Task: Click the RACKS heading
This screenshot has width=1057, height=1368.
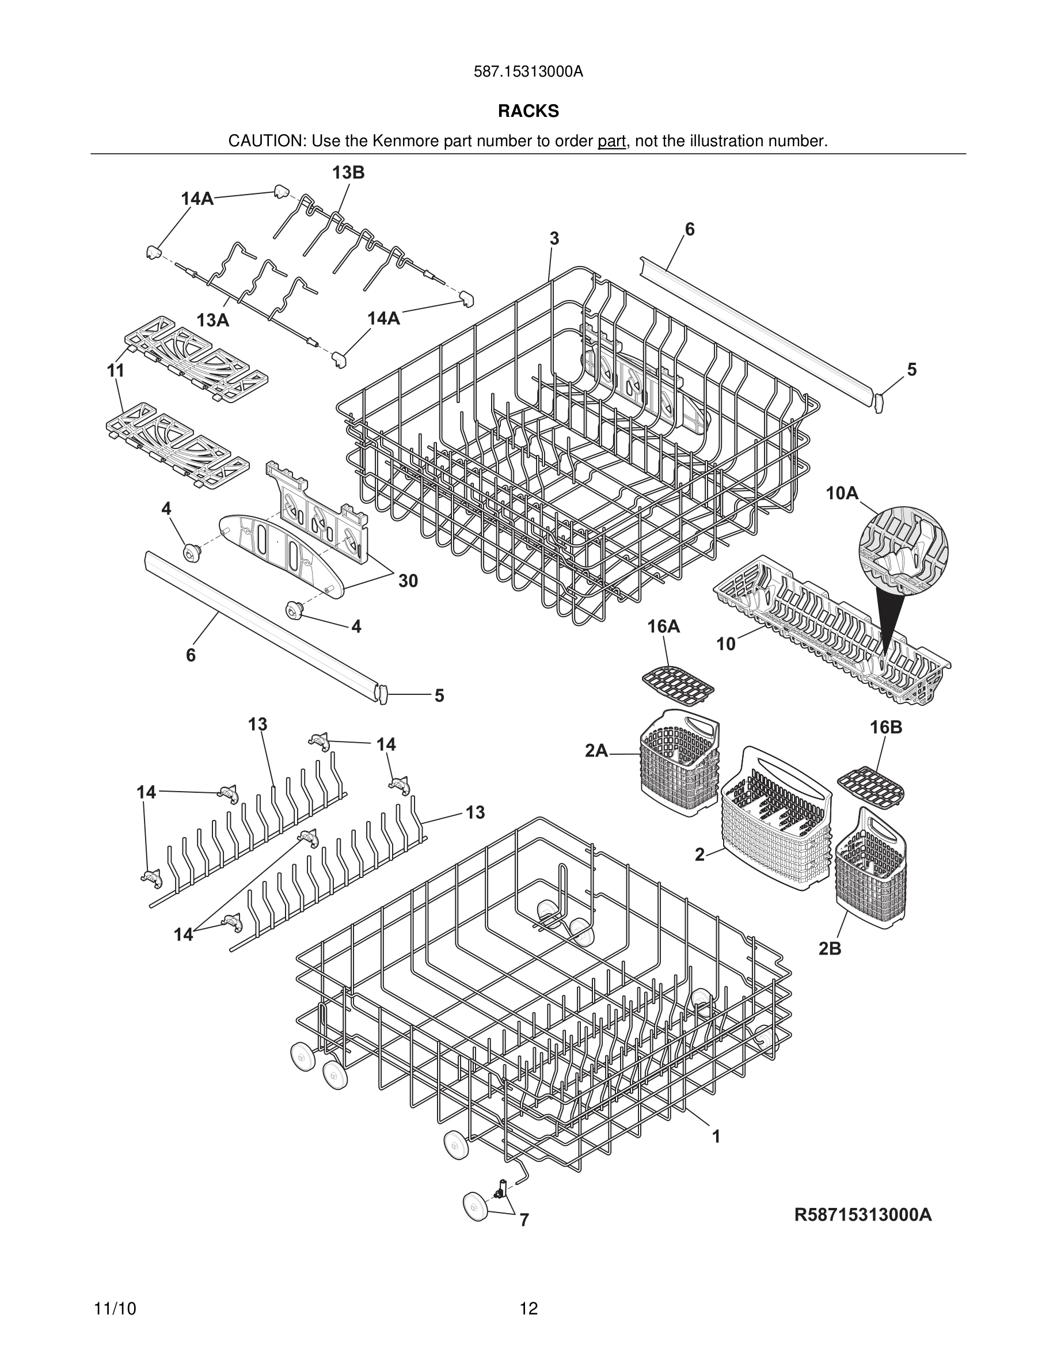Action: pyautogui.click(x=528, y=112)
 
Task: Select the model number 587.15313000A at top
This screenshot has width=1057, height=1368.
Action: pyautogui.click(x=528, y=72)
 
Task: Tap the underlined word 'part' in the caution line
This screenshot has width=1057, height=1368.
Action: pyautogui.click(x=611, y=142)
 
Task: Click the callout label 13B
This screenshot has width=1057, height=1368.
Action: pyautogui.click(x=348, y=173)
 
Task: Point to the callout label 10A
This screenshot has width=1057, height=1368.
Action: pyautogui.click(x=842, y=493)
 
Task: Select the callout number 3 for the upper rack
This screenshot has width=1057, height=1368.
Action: pyautogui.click(x=554, y=238)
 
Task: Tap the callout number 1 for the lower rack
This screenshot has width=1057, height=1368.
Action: pyautogui.click(x=716, y=1136)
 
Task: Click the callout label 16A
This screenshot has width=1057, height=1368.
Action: pyautogui.click(x=663, y=626)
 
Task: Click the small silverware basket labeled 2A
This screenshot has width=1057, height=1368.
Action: pyautogui.click(x=680, y=763)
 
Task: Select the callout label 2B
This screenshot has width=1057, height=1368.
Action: pyautogui.click(x=830, y=949)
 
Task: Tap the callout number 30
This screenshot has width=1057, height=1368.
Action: pyautogui.click(x=408, y=582)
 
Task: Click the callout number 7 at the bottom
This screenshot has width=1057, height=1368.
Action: pyautogui.click(x=524, y=1220)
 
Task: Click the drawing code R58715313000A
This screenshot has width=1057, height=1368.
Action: pyautogui.click(x=863, y=1215)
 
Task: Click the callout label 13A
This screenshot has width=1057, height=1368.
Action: pyautogui.click(x=212, y=321)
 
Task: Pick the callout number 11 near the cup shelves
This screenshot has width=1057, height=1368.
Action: pyautogui.click(x=115, y=371)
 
